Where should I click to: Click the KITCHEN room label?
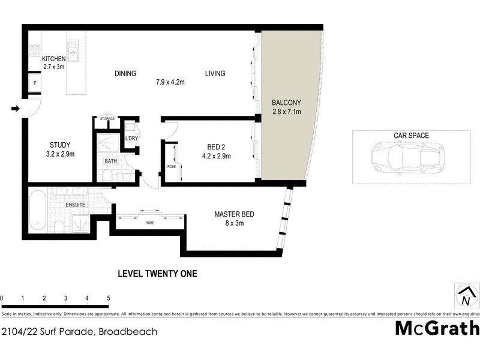click(53, 58)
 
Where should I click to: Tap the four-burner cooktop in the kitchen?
click(35, 51)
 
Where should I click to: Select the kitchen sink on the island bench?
click(73, 52)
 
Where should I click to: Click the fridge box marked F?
click(35, 83)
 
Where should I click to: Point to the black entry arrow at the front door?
click(16, 109)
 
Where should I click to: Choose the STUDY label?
click(60, 145)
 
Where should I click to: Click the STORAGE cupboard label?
click(107, 119)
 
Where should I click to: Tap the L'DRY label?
click(131, 139)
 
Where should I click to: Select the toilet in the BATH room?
click(107, 175)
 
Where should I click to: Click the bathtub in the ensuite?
click(37, 211)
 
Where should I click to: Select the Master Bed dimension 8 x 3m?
click(234, 224)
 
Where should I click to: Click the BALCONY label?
click(286, 102)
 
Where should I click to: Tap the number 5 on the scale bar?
click(109, 298)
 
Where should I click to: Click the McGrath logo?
click(437, 328)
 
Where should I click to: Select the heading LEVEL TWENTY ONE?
click(157, 274)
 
